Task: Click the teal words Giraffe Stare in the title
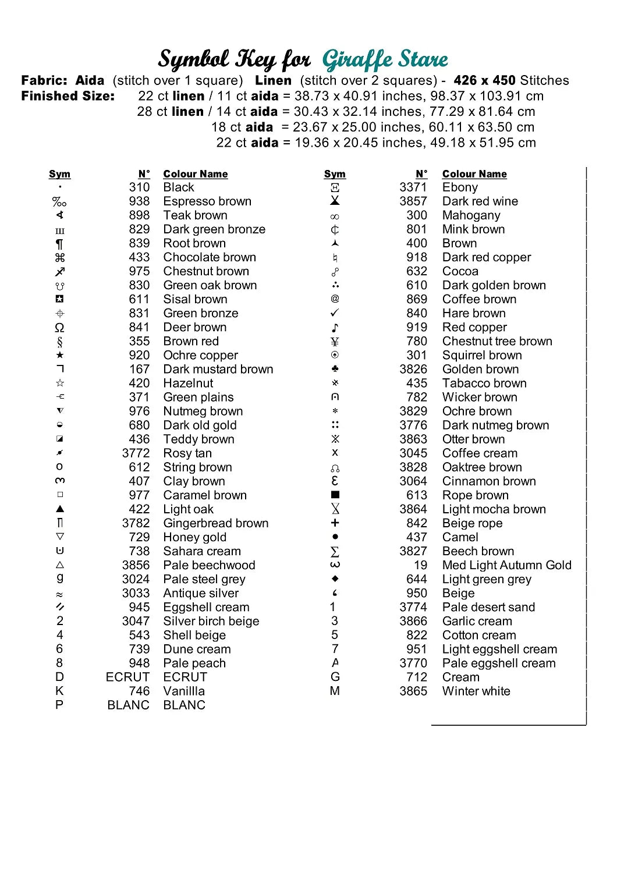pyautogui.click(x=385, y=59)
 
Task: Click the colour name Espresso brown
pyautogui.click(x=207, y=201)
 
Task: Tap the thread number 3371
pyautogui.click(x=413, y=187)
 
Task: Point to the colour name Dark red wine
pyautogui.click(x=480, y=201)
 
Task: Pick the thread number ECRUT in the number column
pyautogui.click(x=127, y=677)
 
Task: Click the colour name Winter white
pyautogui.click(x=476, y=691)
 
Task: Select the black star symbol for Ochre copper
pyautogui.click(x=60, y=355)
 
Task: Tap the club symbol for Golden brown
pyautogui.click(x=335, y=369)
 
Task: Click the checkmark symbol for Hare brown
pyautogui.click(x=335, y=313)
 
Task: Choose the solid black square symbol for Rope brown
pyautogui.click(x=335, y=495)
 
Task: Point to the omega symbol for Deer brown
pyautogui.click(x=59, y=328)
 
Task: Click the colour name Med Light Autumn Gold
pyautogui.click(x=506, y=565)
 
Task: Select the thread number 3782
pyautogui.click(x=136, y=523)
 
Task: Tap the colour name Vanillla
pyautogui.click(x=184, y=691)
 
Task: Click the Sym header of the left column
pyautogui.click(x=59, y=174)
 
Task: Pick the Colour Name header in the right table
pyautogui.click(x=474, y=174)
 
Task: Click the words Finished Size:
pyautogui.click(x=68, y=96)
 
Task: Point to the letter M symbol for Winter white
pyautogui.click(x=335, y=691)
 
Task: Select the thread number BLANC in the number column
pyautogui.click(x=128, y=705)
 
